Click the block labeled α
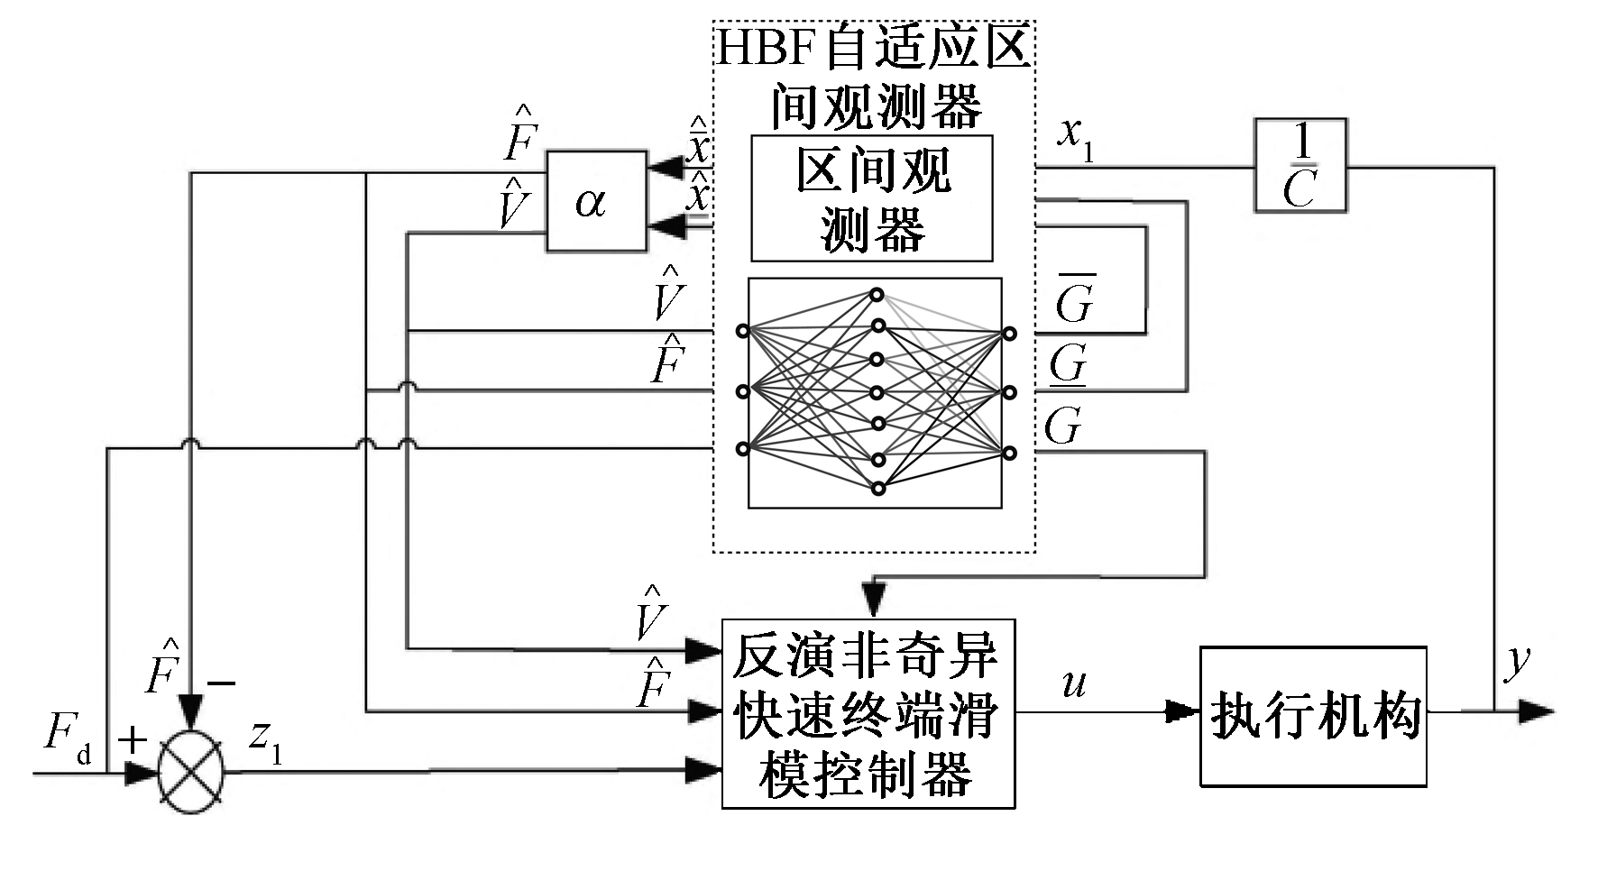point(595,200)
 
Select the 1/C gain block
point(1300,166)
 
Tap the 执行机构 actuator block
point(1312,716)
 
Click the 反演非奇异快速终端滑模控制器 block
point(868,712)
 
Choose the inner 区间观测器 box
point(871,198)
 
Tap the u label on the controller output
point(1073,683)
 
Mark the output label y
point(1518,661)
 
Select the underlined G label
point(1068,364)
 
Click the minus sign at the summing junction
point(220,683)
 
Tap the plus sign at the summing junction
point(133,740)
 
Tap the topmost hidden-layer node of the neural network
point(876,294)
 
